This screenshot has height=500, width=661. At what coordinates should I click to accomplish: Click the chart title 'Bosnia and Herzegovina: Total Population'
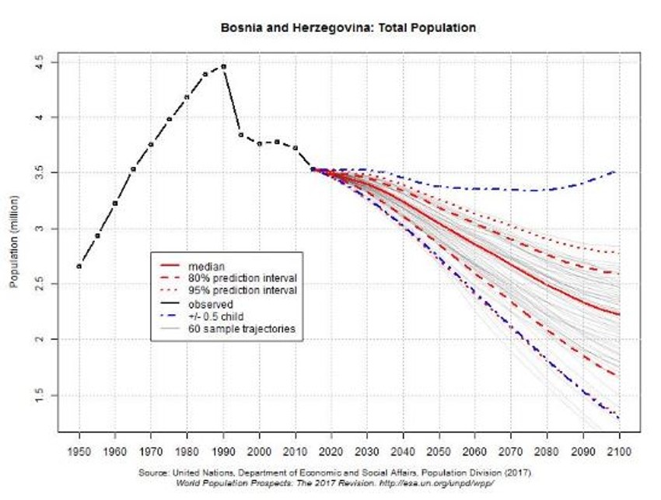point(348,28)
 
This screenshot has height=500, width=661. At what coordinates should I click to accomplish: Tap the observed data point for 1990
point(223,66)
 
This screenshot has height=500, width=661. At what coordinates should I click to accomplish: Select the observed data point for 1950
point(79,266)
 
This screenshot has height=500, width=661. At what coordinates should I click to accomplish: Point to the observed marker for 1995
point(241,135)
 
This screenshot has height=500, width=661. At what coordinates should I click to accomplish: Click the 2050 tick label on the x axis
point(439,451)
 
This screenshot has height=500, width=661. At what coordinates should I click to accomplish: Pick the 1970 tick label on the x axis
point(151,451)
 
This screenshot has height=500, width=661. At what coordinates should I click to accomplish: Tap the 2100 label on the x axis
point(619,451)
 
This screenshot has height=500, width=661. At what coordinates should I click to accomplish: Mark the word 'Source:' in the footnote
point(154,473)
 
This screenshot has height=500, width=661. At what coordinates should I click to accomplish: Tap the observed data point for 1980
point(187,97)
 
